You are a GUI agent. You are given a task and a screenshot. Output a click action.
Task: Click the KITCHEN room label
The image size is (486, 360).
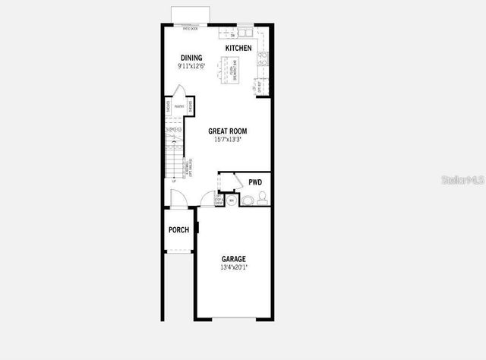(238, 48)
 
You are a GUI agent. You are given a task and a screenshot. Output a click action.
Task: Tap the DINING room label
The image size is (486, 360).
(191, 58)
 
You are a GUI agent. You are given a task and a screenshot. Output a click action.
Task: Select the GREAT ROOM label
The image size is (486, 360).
(228, 131)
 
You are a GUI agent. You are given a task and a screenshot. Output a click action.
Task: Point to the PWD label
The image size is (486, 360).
(255, 182)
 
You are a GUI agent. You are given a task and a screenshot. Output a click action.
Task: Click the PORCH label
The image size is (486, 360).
(178, 230)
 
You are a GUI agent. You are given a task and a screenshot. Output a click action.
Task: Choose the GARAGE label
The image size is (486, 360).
(233, 259)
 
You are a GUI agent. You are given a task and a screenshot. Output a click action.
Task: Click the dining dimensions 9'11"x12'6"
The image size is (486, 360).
(191, 67)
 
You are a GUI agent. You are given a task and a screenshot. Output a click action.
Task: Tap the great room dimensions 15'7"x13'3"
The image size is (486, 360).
(228, 140)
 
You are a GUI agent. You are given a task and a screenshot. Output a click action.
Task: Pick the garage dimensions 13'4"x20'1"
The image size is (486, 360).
(233, 267)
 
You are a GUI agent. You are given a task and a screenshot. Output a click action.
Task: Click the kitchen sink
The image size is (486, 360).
(245, 33)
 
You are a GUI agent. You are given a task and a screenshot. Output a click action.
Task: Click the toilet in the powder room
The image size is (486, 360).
(248, 201)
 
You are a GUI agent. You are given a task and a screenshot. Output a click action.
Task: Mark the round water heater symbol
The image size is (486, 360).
(232, 201)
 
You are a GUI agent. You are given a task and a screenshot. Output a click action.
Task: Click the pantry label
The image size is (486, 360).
(178, 107)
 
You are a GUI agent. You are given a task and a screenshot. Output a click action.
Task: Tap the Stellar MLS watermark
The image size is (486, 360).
(464, 181)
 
